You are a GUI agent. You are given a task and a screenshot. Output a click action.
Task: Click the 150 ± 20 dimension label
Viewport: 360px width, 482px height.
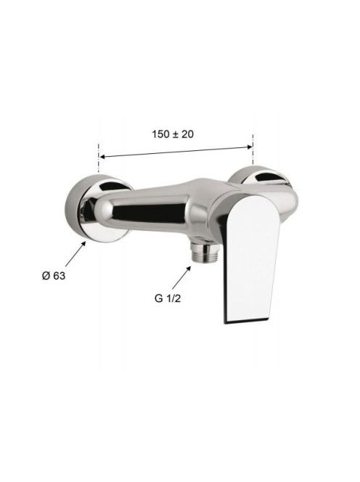coord(173,134)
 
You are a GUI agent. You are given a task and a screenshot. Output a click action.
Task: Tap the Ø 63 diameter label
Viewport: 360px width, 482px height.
coord(54,276)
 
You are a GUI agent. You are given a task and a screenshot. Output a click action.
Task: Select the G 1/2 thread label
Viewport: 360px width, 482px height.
coord(168,298)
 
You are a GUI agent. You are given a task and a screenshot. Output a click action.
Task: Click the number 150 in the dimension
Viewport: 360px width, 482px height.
coord(160,134)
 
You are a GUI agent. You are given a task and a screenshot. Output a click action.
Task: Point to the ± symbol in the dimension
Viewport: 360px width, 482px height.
coord(176,134)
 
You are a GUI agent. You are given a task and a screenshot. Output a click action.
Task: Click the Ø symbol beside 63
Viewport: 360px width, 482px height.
coord(46,276)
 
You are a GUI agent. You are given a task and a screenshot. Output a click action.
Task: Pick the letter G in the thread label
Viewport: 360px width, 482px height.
coord(159,298)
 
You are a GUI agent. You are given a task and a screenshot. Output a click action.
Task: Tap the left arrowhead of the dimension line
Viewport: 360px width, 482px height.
coord(103,157)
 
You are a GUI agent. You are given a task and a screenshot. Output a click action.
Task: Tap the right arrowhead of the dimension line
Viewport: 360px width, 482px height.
coord(249,147)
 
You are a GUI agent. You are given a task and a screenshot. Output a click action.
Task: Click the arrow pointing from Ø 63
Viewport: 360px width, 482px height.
coord(75,254)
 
